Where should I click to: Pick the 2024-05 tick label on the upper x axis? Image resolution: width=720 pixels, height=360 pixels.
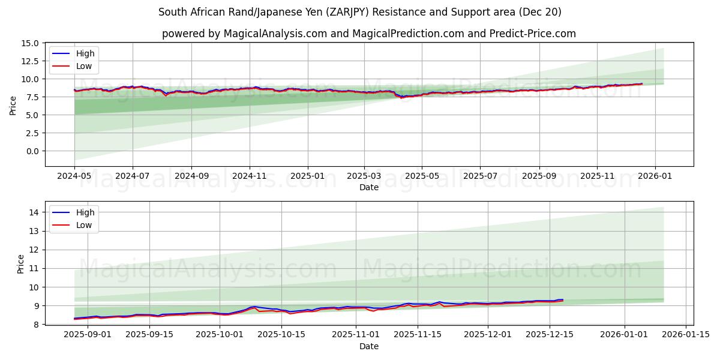coord(74,176)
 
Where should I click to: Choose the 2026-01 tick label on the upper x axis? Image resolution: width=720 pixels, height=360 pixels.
coord(655,176)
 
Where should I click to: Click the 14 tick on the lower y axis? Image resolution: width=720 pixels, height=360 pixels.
coord(34,212)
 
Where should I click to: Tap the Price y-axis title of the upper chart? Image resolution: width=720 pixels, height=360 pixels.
coord(13,105)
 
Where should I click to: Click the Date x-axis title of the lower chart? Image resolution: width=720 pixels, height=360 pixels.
coord(369,346)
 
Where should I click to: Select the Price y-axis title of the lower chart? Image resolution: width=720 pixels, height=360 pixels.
coord(21,264)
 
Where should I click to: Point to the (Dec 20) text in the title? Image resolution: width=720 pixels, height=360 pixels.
coord(539,12)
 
